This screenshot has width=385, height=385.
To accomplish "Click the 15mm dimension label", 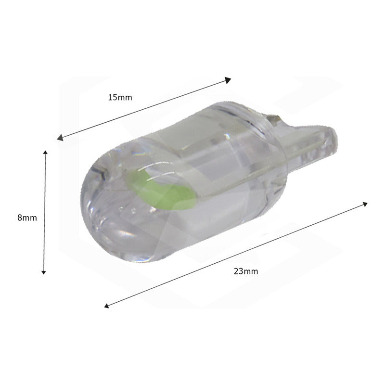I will click(x=120, y=97).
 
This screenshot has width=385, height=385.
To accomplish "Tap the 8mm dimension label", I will click(x=27, y=218).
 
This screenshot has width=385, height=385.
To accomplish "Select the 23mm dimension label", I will click(x=246, y=271).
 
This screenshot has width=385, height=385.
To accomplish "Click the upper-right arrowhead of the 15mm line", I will click(x=229, y=79).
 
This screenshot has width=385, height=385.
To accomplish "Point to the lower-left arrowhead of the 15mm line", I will click(x=60, y=138).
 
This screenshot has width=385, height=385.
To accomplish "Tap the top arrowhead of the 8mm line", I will click(x=45, y=153).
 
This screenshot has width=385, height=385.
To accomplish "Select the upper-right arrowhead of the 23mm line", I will click(x=365, y=204).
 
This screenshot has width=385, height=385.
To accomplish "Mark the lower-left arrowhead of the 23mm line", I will click(x=107, y=305).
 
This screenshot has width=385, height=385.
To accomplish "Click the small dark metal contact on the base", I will click(x=275, y=118).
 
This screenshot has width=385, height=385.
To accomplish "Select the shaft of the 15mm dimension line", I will click(x=144, y=109).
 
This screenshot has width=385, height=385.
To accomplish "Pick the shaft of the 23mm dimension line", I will click(x=236, y=255).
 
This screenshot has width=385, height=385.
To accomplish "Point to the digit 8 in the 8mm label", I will click(x=20, y=218).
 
